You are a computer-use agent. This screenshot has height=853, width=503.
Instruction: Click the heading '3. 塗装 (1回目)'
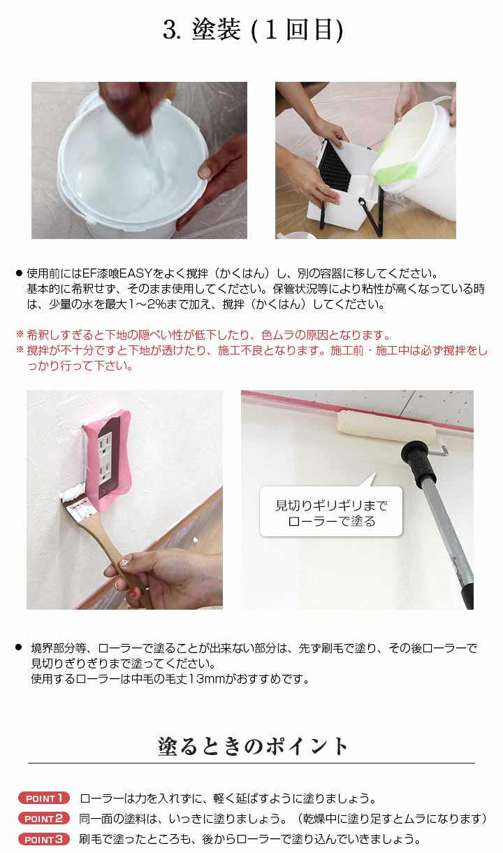click(x=251, y=30)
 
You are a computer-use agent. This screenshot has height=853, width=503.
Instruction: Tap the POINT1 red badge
click(x=45, y=798)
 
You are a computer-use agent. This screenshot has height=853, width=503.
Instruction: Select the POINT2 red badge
click(x=45, y=818)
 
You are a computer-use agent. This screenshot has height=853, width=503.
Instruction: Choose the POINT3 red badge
click(x=45, y=839)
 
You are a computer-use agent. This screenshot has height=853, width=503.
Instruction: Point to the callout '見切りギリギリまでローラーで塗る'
click(x=330, y=512)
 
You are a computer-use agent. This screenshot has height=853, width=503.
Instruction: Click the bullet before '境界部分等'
click(x=20, y=648)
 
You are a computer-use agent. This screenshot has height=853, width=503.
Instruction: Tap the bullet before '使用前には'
click(x=20, y=273)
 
